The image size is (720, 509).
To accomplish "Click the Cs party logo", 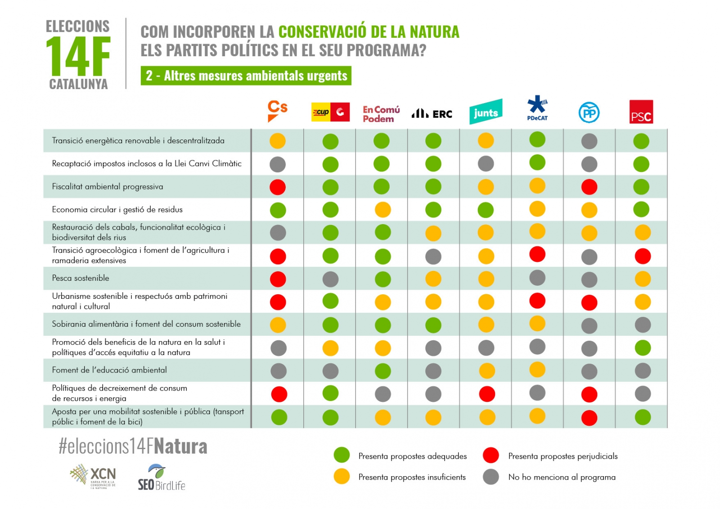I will tap(277, 111).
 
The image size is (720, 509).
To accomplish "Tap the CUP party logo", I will tap(330, 112).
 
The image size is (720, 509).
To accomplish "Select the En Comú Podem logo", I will tap(381, 114).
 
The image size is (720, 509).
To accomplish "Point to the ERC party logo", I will tap(432, 113).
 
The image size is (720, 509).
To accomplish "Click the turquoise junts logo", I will tap(486, 112).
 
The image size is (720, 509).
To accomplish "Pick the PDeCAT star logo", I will tap(537, 108).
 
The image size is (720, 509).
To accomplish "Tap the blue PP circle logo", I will tap(589, 113).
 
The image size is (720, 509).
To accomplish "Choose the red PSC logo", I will tap(641, 112).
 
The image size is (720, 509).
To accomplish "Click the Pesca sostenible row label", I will tap(81, 278).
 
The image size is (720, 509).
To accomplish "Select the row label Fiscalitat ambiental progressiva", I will tap(108, 187).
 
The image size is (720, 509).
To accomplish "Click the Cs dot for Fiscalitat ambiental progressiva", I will tap(278, 187).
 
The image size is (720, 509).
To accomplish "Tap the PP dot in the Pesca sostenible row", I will tap(589, 279).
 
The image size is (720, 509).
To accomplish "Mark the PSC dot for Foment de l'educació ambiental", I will tap(643, 371).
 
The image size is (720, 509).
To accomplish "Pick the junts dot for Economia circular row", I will tap(486, 210).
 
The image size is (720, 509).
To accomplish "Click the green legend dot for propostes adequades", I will tap(342, 455).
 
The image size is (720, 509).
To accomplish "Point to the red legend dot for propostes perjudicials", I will tap(490, 455).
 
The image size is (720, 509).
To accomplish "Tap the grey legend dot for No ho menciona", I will tap(490, 477).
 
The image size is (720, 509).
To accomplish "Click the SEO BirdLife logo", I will tap(161, 477).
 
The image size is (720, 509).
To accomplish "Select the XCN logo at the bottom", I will tap(94, 476).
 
